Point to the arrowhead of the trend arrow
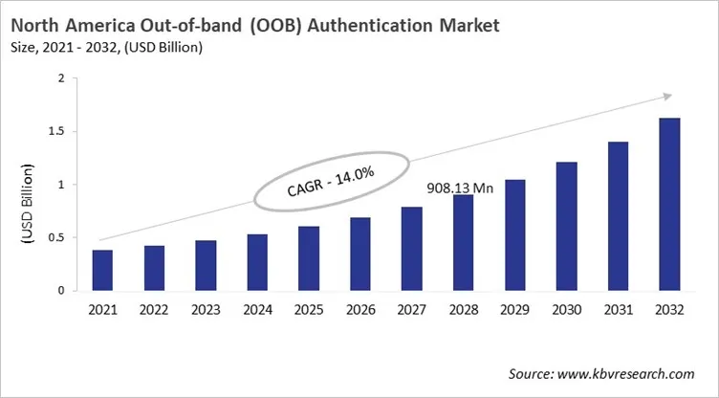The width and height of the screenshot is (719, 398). (x=667, y=95)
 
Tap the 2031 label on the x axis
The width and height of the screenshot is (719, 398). (x=617, y=311)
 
